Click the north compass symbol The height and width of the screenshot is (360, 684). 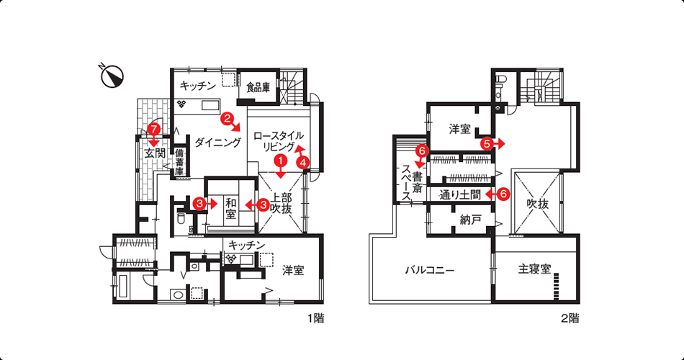point(112,76)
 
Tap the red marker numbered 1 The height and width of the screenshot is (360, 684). point(281,161)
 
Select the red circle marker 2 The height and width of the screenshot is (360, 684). point(226,117)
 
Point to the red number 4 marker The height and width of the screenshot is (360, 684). point(303,163)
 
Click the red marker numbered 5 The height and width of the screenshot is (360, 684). point(487,143)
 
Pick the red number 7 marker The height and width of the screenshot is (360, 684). point(153,129)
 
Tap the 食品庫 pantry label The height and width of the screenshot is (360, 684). point(258,88)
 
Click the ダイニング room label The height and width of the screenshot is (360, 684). point(217,143)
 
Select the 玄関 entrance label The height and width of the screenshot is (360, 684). point(155,153)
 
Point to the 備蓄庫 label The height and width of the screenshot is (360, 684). point(179,162)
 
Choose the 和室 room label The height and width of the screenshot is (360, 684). point(231,209)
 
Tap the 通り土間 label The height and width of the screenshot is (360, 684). point(460,194)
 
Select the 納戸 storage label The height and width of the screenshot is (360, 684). point(470,220)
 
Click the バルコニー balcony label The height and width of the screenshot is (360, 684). point(430,270)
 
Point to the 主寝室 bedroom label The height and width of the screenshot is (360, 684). point(535,269)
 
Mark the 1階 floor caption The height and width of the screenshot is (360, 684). point(316,318)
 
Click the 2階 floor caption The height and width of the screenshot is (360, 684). point(570,318)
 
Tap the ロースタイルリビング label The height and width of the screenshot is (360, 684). point(279,141)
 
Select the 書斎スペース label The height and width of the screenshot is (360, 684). point(412,183)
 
